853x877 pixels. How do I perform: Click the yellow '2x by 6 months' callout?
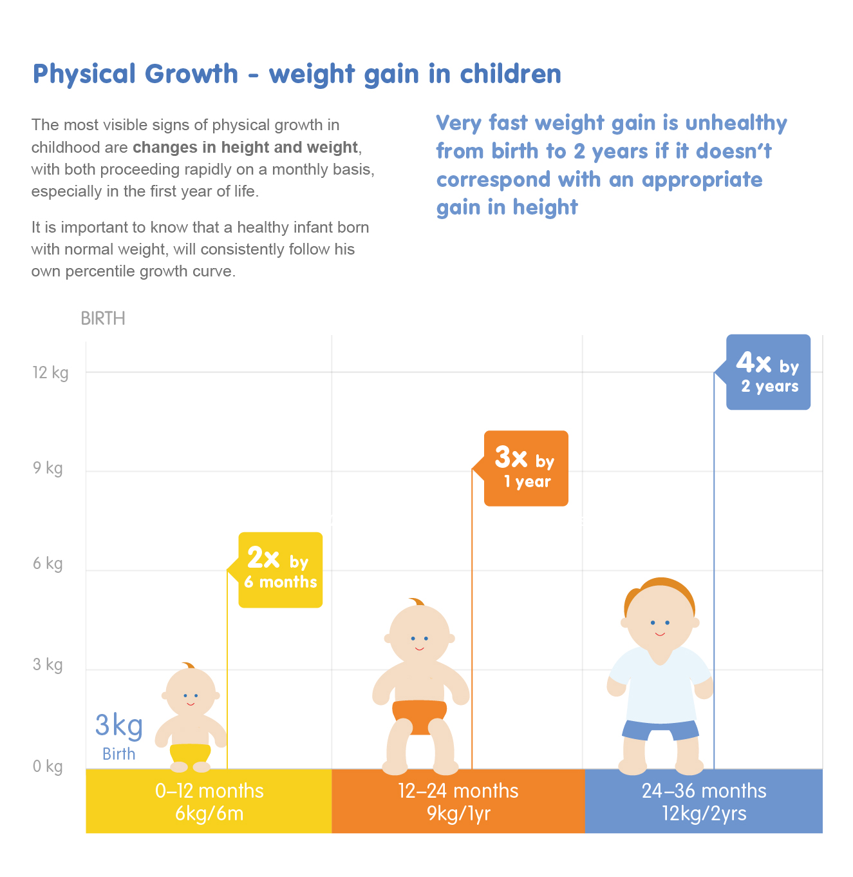(x=280, y=570)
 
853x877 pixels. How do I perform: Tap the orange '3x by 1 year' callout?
(x=526, y=468)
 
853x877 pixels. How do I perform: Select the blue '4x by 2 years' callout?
(x=768, y=372)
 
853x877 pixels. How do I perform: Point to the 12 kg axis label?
(x=50, y=372)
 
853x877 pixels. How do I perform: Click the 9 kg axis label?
(x=48, y=468)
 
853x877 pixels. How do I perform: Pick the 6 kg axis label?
(x=48, y=564)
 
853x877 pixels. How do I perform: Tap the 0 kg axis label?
(x=48, y=766)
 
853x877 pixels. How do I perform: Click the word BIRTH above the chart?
(x=103, y=318)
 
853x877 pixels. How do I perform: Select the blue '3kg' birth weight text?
(x=119, y=726)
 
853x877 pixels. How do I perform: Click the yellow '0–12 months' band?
(x=209, y=801)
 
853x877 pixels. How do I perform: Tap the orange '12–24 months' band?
(x=458, y=801)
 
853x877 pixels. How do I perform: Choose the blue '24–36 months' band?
(x=704, y=801)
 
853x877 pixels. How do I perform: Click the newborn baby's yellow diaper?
(x=191, y=753)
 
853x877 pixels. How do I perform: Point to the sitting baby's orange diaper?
(x=419, y=713)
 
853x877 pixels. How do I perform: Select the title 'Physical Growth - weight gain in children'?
(x=297, y=74)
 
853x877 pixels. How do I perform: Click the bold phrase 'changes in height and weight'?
(x=245, y=148)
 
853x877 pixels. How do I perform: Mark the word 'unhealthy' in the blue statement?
(x=736, y=123)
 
